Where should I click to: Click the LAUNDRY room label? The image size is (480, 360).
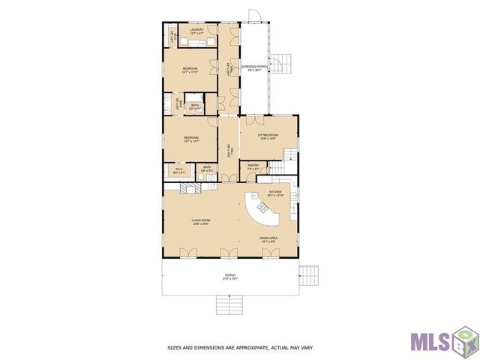click(x=196, y=30)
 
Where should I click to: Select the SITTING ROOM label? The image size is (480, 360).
click(x=268, y=136)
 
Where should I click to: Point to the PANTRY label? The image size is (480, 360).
click(x=253, y=166)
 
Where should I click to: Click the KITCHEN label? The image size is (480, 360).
click(x=275, y=193)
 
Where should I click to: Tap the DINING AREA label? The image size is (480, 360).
click(x=269, y=239)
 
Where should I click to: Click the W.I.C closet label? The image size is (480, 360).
click(x=179, y=171)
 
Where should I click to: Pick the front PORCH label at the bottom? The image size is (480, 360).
click(x=230, y=276)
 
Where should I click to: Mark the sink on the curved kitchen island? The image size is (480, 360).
click(x=262, y=208)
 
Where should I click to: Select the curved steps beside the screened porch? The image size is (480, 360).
click(x=279, y=65)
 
